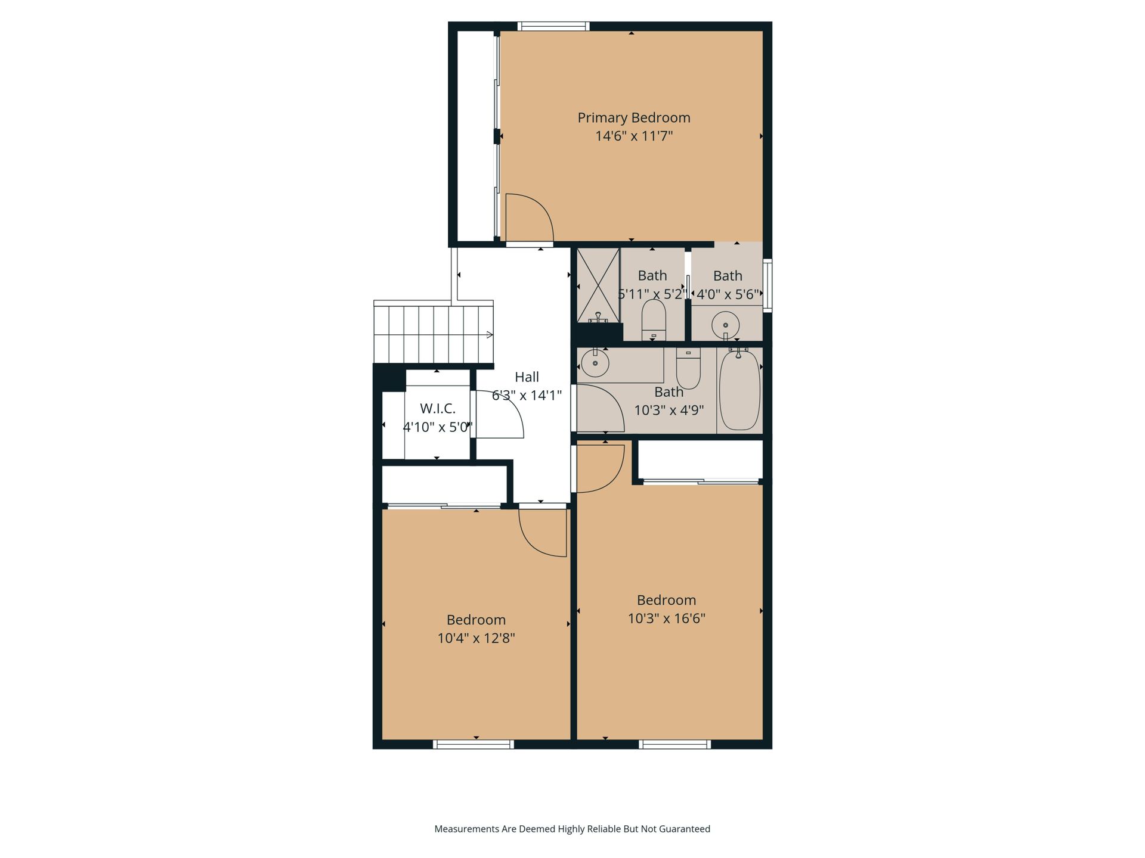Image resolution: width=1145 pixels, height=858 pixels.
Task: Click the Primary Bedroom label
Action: coord(634,118)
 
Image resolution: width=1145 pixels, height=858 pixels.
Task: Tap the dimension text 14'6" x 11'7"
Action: coord(634,136)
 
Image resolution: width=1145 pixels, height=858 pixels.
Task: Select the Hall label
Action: coord(527,377)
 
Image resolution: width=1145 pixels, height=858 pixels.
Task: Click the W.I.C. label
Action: coord(438,409)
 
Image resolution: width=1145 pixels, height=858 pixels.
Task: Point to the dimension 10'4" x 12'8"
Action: coord(476,638)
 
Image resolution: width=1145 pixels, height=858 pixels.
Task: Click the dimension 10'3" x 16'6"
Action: coord(666,618)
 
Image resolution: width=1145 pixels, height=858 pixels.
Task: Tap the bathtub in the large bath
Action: coord(739,390)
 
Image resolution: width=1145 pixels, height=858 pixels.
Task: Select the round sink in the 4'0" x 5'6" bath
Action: coord(726,325)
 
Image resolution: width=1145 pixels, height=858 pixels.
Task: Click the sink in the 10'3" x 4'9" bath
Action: coord(595,363)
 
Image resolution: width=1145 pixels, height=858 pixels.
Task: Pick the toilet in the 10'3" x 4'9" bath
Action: coord(688,368)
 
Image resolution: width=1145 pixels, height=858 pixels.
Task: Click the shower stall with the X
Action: coord(598,285)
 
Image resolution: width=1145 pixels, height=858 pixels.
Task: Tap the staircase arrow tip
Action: coord(493,335)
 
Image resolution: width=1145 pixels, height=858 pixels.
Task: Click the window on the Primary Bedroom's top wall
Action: coord(553,26)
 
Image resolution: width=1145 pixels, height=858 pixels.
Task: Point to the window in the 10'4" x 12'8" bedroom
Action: coord(474,744)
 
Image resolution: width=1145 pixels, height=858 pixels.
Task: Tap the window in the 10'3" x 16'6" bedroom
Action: coord(675,744)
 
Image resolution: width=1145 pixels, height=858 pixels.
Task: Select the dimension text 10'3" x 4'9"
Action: coord(669,410)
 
